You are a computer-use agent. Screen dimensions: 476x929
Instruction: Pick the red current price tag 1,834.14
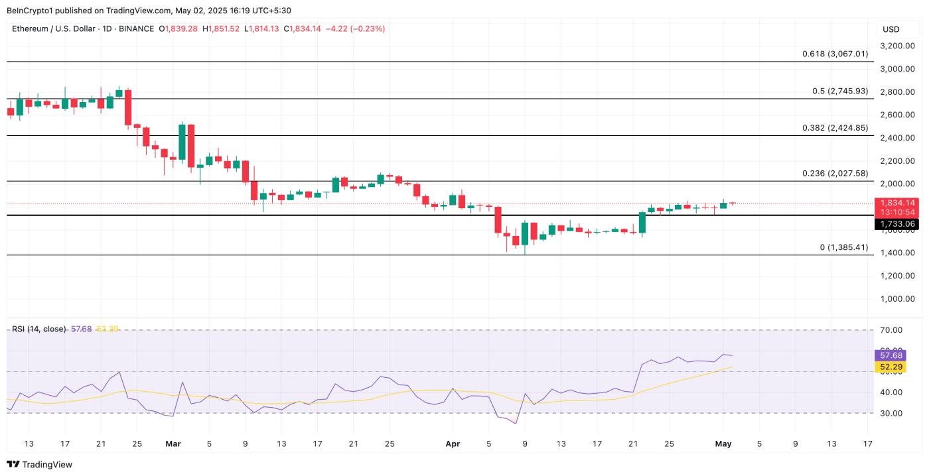pyautogui.click(x=898, y=203)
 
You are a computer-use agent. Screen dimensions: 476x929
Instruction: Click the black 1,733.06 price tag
pyautogui.click(x=898, y=224)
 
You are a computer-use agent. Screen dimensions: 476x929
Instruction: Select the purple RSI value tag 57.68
pyautogui.click(x=892, y=355)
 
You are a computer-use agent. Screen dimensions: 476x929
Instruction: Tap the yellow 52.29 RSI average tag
pyautogui.click(x=892, y=367)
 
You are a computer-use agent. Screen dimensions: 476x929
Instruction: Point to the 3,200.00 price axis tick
pyautogui.click(x=898, y=46)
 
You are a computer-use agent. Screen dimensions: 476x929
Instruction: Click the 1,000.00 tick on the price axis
pyautogui.click(x=898, y=298)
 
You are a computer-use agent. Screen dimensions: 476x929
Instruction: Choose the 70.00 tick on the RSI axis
pyautogui.click(x=892, y=330)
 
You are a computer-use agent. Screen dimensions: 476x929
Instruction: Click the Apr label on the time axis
pyautogui.click(x=453, y=444)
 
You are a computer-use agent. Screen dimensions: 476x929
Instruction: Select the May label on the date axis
pyautogui.click(x=723, y=444)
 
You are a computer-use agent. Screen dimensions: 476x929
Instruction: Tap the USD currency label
pyautogui.click(x=891, y=29)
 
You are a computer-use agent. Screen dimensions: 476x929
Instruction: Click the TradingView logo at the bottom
pyautogui.click(x=40, y=465)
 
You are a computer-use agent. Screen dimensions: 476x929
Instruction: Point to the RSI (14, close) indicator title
pyautogui.click(x=38, y=329)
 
